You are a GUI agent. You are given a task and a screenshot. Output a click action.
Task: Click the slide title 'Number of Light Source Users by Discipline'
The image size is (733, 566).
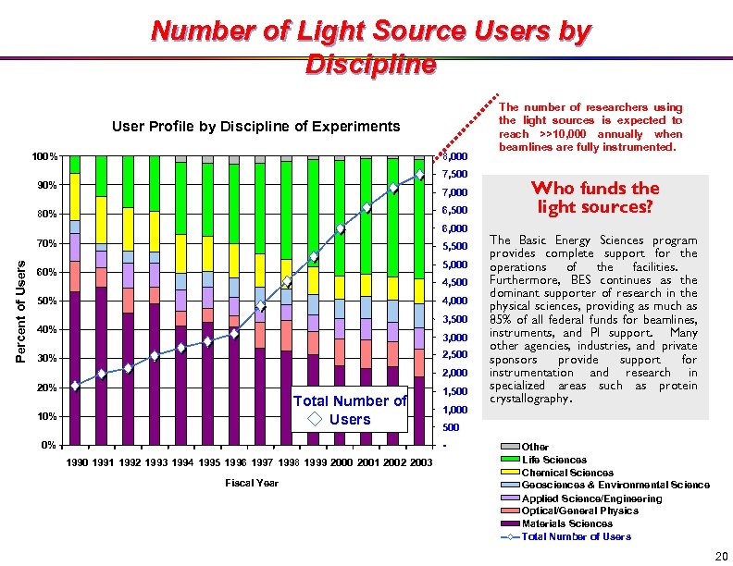click(x=370, y=47)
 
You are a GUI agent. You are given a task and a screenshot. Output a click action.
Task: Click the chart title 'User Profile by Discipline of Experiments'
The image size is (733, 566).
click(x=256, y=127)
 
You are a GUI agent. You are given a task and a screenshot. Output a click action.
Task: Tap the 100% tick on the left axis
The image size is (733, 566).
click(x=43, y=156)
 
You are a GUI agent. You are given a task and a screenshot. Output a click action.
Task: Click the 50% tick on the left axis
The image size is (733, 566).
click(x=46, y=301)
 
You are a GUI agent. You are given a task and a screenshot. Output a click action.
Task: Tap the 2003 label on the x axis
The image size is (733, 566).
click(x=420, y=461)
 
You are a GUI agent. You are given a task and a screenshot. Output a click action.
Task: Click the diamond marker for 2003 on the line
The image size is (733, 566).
click(x=420, y=175)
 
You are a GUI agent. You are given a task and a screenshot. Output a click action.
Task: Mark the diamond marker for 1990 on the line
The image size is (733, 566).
click(x=75, y=386)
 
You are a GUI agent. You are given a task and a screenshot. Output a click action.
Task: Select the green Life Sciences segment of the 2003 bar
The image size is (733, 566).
click(x=420, y=217)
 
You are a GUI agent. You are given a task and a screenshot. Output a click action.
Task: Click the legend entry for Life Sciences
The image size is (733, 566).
click(x=553, y=460)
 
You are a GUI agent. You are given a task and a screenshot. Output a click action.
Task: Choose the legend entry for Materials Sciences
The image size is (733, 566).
click(x=566, y=523)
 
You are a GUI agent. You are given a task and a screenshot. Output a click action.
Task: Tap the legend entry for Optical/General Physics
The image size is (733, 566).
click(x=579, y=511)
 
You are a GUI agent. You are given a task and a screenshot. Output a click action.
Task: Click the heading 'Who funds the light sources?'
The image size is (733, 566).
click(x=596, y=197)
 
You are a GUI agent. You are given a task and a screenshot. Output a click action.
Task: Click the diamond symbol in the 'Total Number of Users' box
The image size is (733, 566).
click(x=316, y=419)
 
